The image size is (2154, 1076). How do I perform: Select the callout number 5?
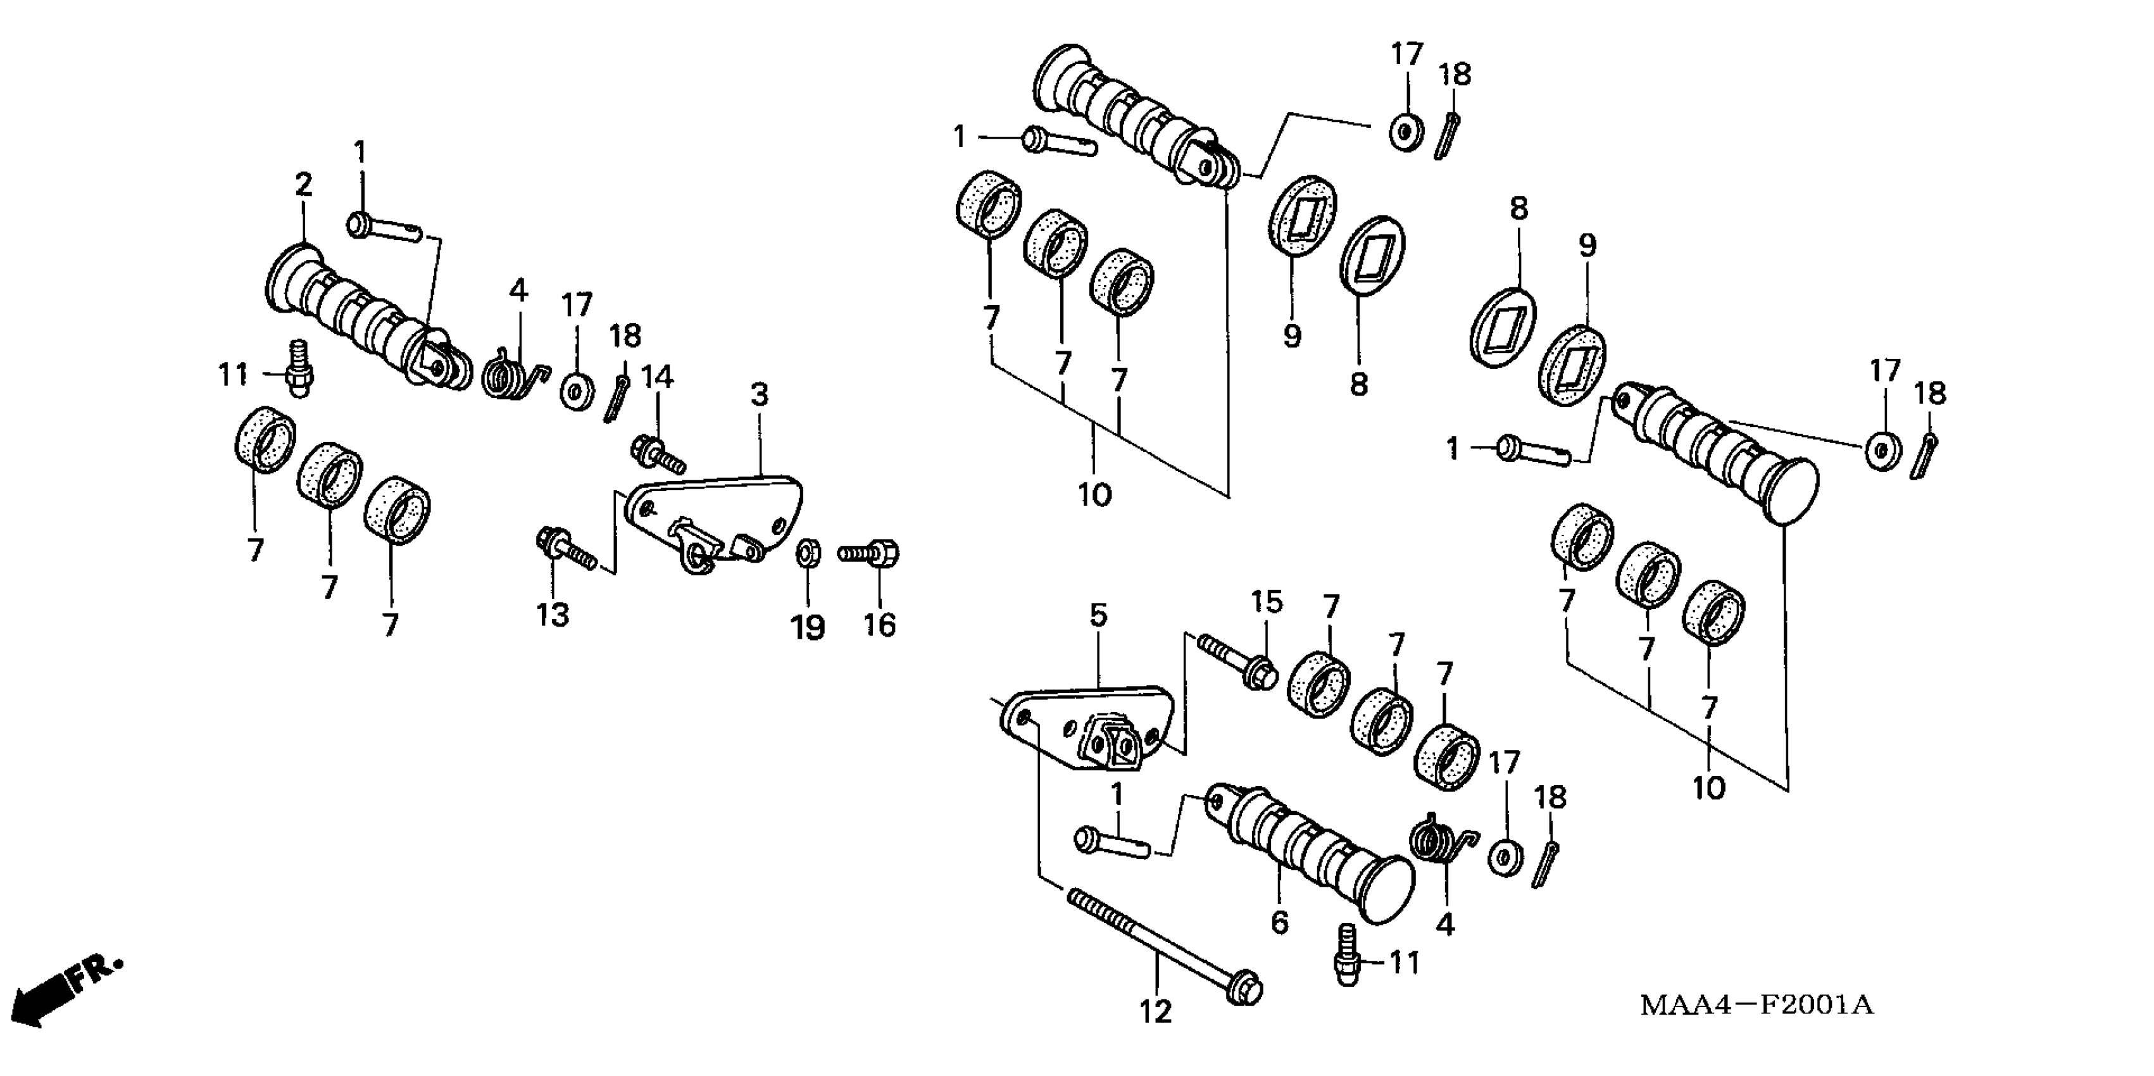(1098, 615)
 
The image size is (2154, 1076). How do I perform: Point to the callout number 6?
(1279, 922)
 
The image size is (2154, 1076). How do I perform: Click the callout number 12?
(1156, 1013)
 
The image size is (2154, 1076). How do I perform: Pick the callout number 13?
(553, 615)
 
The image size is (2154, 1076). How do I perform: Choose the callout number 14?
(657, 377)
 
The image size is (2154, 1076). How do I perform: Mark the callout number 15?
(1266, 601)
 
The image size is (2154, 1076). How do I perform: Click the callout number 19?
(808, 627)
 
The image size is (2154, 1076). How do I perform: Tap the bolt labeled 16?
(870, 553)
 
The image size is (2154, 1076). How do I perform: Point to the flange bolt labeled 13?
(566, 549)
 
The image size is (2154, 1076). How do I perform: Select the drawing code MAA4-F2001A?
(1756, 1004)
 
